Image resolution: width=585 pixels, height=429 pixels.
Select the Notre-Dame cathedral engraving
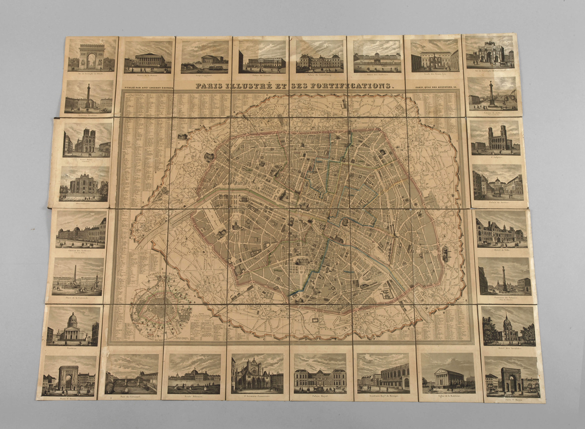(x=87, y=140)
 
